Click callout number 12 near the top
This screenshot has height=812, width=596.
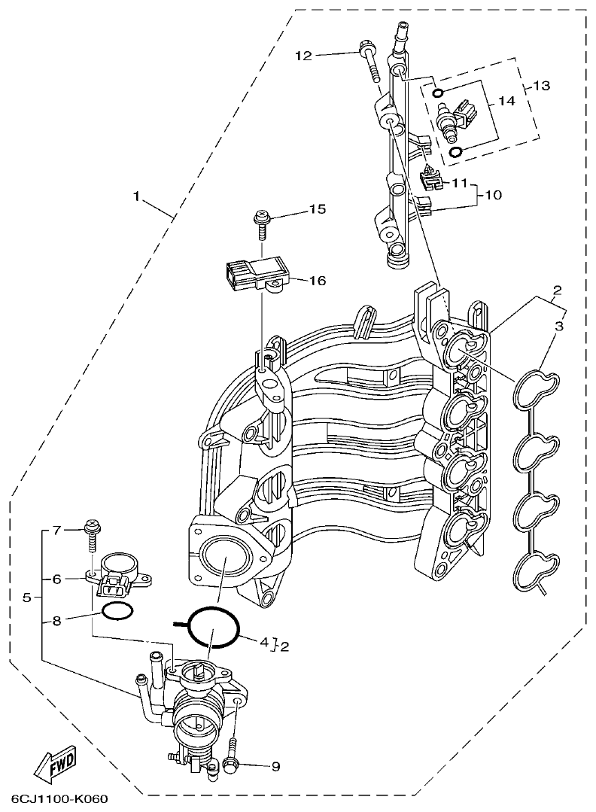[303, 55]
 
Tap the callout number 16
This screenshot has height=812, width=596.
[317, 281]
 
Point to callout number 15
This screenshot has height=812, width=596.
[317, 210]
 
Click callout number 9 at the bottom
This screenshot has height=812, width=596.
[275, 767]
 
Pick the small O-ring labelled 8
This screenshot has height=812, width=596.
[117, 613]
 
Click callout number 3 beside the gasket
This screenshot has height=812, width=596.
[558, 326]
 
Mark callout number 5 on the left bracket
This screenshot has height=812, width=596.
[27, 598]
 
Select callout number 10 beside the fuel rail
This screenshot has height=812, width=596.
[492, 195]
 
